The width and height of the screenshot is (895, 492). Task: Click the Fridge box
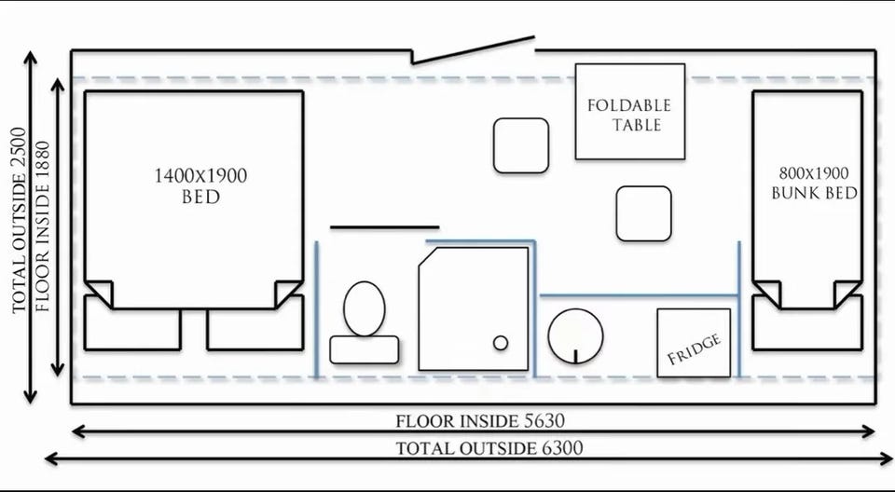(694, 343)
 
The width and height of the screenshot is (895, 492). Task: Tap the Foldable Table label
(629, 115)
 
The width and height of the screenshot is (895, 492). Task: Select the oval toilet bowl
(365, 308)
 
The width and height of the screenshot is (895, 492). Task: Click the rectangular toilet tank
(365, 349)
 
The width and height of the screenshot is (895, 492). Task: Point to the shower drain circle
(501, 343)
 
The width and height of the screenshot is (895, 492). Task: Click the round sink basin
(575, 336)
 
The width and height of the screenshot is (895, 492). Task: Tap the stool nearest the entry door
(521, 145)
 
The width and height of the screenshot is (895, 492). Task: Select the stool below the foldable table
(644, 213)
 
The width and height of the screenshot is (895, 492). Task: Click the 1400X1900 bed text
(201, 185)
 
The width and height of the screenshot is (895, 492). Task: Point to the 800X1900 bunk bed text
(815, 184)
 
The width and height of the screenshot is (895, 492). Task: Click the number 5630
(544, 421)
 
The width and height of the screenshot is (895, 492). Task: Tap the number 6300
(560, 448)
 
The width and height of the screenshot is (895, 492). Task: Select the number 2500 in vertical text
(19, 147)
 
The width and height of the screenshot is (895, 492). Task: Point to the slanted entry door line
(474, 49)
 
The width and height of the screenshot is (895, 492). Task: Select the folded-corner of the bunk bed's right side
(847, 294)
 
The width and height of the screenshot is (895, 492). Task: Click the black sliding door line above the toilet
(385, 227)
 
